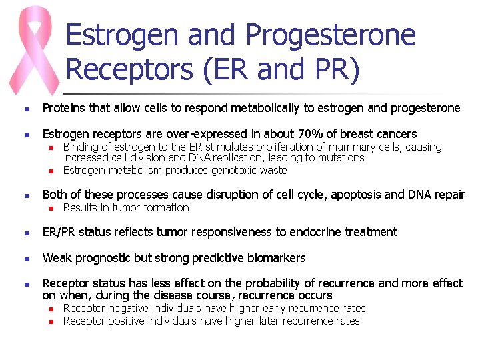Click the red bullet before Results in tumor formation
coord(50,208)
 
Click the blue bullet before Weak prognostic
coord(26,259)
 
